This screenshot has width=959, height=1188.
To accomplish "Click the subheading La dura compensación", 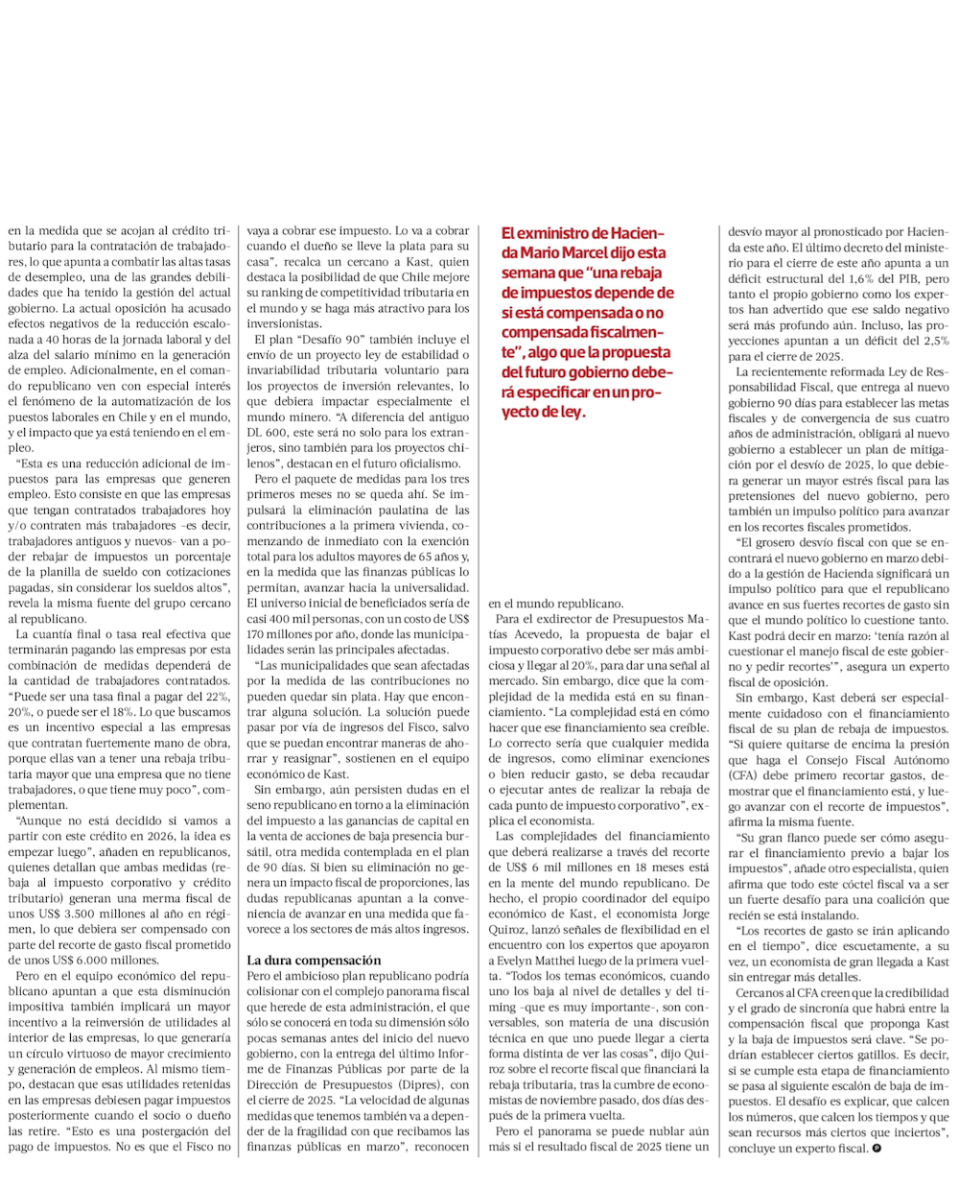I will (314, 960).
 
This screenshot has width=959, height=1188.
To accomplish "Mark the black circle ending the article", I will (877, 1149).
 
